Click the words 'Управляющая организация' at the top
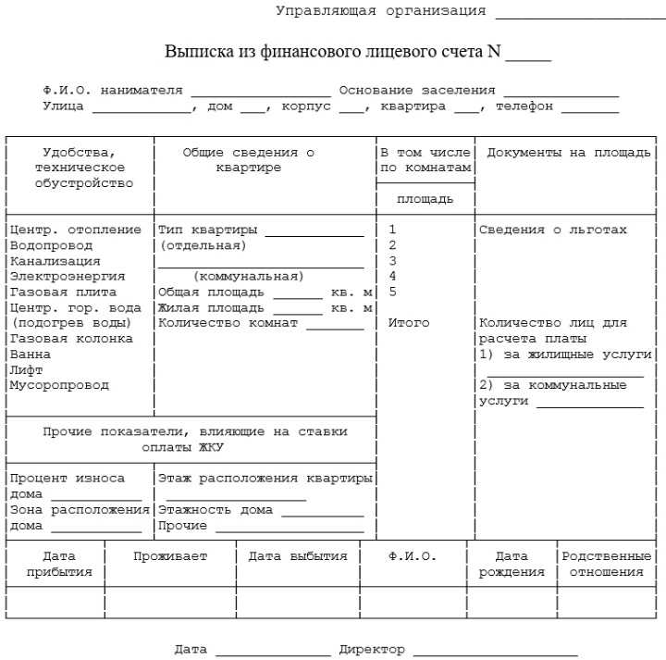pos(380,11)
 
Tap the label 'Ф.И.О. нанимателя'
pos(113,91)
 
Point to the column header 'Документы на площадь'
pos(569,153)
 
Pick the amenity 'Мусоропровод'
pos(59,385)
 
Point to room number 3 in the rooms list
pos(392,261)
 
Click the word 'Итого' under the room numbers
pos(408,323)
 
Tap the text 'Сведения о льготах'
pos(552,230)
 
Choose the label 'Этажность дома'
pos(216,510)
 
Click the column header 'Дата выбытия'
pos(298,556)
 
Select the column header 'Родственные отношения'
pos(606,564)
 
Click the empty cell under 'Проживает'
pos(170,602)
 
